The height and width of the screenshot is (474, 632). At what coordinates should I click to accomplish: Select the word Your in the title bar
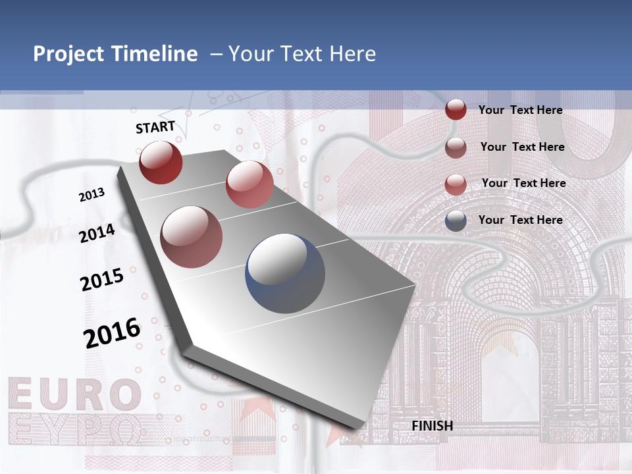[x=251, y=54]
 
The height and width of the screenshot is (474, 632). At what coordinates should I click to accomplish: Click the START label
[x=155, y=127]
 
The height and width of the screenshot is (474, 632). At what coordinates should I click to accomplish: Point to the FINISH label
[x=433, y=426]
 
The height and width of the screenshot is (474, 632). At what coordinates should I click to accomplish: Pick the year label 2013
[x=92, y=195]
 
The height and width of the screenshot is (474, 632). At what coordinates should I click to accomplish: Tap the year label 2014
[x=97, y=233]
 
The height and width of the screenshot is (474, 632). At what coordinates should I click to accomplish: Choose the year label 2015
[x=102, y=280]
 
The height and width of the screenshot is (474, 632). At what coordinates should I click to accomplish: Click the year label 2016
[x=112, y=332]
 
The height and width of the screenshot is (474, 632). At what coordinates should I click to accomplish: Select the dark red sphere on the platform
[x=161, y=162]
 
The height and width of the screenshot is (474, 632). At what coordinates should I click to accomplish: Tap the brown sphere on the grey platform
[x=192, y=236]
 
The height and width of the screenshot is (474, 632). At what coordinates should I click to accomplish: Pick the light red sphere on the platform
[x=250, y=184]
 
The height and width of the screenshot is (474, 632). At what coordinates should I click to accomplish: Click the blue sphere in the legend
[x=456, y=221]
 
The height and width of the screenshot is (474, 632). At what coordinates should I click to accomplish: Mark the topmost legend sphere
[x=456, y=109]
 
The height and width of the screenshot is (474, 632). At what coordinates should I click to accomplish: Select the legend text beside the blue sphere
[x=520, y=220]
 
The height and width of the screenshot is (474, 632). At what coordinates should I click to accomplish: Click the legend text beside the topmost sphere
[x=520, y=110]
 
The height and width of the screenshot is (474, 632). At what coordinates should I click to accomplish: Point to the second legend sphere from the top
[x=456, y=147]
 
